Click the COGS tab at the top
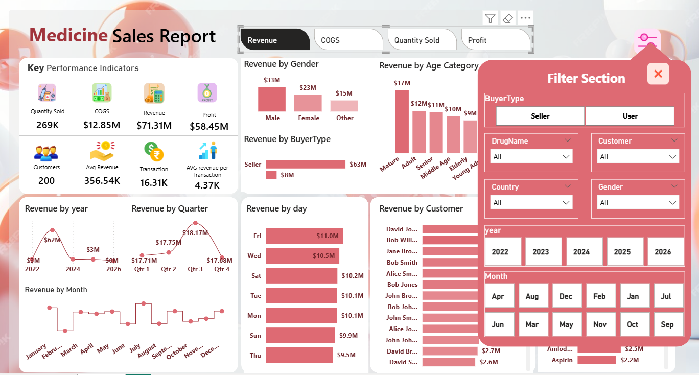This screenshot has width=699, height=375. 349,40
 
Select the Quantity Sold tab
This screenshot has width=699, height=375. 422,40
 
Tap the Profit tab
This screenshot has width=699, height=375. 495,40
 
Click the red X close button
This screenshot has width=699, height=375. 658,74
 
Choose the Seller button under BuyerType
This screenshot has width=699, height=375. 540,116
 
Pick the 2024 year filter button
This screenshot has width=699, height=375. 581,251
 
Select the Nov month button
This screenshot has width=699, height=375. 599,324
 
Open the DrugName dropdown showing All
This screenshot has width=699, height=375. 531,157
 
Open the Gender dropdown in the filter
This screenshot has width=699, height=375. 638,203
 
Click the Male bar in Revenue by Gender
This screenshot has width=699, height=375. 272,99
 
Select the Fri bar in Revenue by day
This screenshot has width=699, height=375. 304,236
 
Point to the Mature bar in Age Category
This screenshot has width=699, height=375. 402,122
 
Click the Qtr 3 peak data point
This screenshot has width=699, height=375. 195,223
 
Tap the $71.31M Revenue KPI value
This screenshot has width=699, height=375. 154,125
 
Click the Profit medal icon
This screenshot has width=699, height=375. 207,93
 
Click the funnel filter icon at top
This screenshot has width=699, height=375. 490,18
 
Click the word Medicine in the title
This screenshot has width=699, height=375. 68,36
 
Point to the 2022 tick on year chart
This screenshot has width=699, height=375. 32,269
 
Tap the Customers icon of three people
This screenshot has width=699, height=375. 46,152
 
